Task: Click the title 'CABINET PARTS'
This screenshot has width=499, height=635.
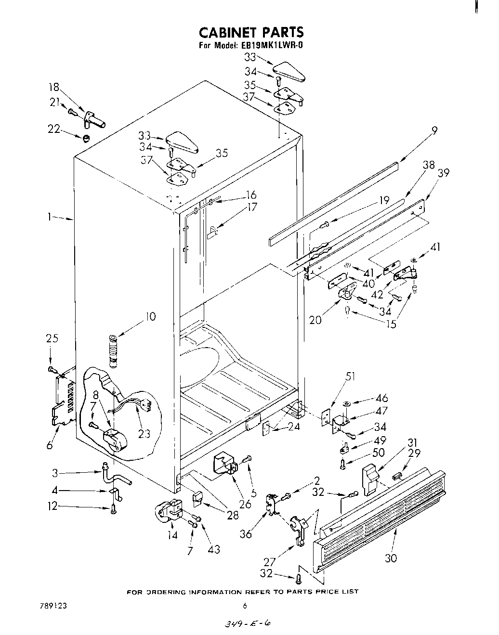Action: (251, 32)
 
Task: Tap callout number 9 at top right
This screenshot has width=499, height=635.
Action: (434, 130)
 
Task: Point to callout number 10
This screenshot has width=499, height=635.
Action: (151, 316)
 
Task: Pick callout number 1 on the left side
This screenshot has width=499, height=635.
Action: (49, 217)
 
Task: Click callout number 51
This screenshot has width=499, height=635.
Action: (350, 376)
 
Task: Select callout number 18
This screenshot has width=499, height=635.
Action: (53, 87)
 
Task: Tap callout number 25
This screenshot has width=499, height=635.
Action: (52, 338)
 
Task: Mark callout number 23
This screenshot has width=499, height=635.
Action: (144, 434)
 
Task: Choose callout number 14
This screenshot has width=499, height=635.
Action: (172, 534)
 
